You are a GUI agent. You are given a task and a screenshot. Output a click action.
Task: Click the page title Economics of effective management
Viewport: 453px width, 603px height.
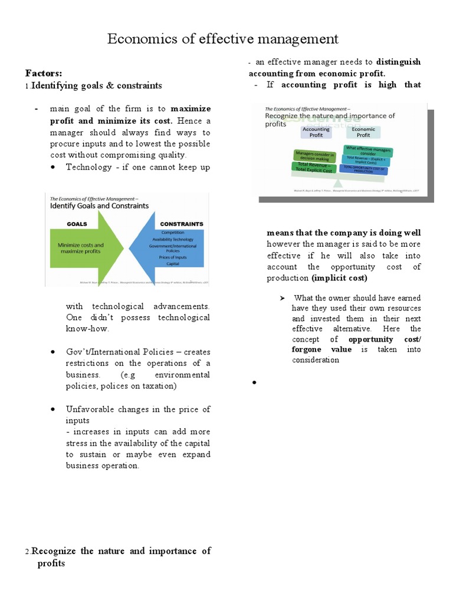(x=222, y=39)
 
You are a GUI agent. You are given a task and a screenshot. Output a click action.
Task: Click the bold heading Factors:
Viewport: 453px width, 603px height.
(x=43, y=74)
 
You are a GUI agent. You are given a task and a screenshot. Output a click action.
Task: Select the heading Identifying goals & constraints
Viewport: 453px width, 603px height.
(x=96, y=86)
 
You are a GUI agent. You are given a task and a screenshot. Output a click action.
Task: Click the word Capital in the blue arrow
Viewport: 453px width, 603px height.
(x=173, y=264)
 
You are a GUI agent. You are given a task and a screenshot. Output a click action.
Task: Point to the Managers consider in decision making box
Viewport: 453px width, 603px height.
(x=314, y=156)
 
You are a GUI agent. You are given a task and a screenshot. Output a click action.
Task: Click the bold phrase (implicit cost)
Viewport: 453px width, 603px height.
(x=339, y=278)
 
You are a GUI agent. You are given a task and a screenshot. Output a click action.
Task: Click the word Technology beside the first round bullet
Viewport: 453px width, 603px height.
(x=88, y=167)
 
